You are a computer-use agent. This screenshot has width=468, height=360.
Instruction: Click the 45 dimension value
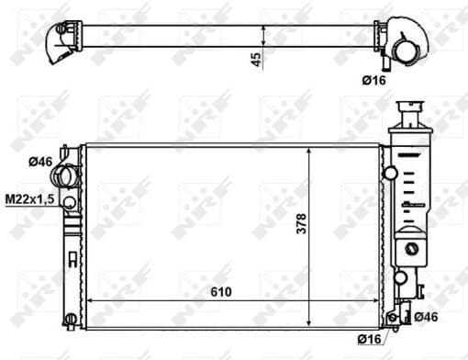(x=257, y=59)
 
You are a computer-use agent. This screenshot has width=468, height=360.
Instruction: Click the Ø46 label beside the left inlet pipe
(x=39, y=162)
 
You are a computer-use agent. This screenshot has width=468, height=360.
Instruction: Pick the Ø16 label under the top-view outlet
(x=373, y=81)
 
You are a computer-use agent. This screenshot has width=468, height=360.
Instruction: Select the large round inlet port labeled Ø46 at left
(x=64, y=174)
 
